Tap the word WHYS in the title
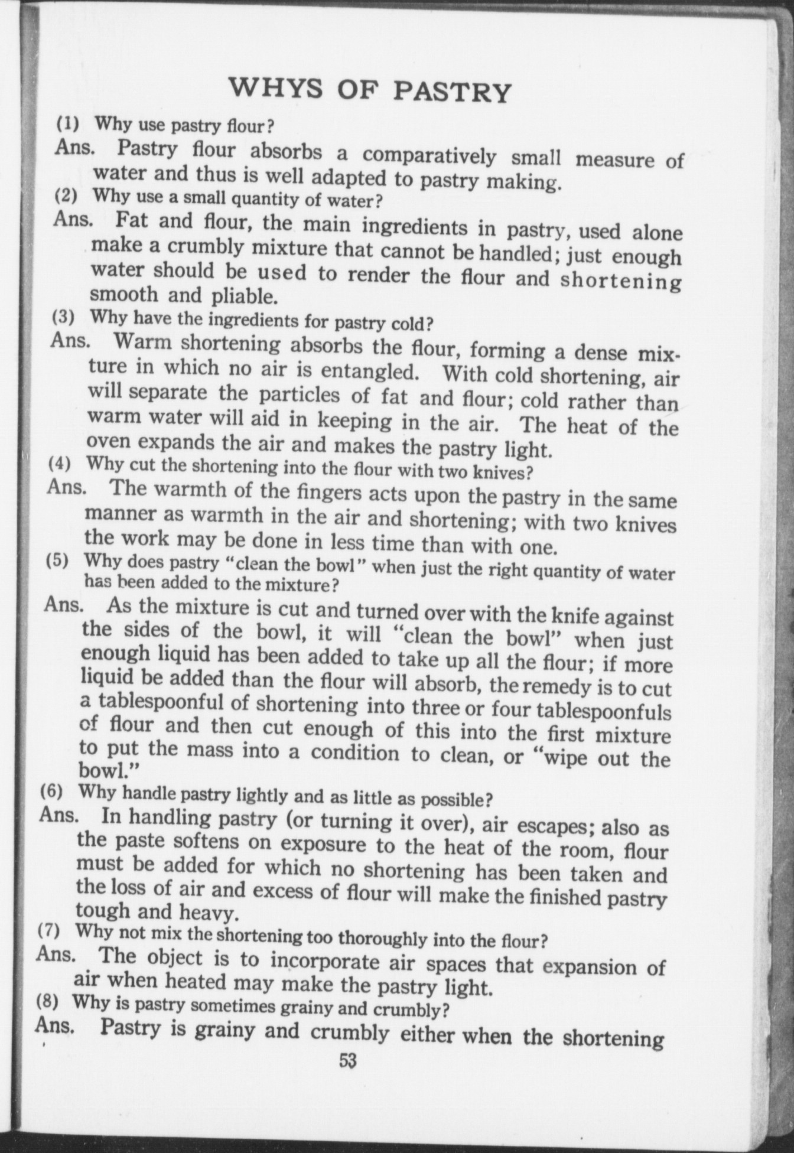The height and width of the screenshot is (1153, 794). click(276, 87)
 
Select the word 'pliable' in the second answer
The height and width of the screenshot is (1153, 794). click(242, 295)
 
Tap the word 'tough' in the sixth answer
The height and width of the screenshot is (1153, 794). click(103, 911)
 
